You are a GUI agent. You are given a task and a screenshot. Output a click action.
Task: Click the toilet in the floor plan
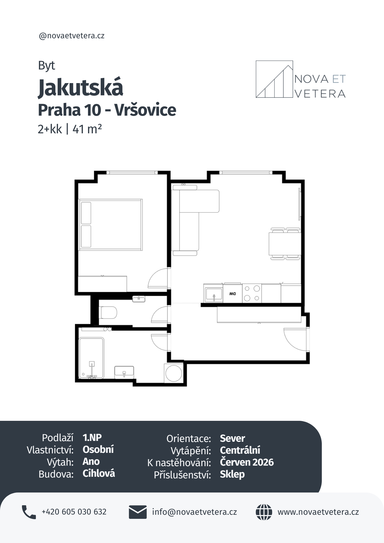click(108, 312)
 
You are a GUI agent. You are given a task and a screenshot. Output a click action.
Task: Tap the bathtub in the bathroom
click(92, 358)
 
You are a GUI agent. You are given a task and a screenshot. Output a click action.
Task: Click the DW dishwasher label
click(232, 294)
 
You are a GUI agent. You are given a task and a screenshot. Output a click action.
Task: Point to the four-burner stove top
click(252, 293)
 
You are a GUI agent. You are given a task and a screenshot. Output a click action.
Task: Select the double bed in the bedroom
click(111, 225)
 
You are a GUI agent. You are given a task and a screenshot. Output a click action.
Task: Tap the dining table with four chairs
click(285, 244)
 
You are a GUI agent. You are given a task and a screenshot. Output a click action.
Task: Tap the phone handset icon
click(29, 512)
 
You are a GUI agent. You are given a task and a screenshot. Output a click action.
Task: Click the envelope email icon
click(138, 512)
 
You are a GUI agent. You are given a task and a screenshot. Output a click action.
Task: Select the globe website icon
click(264, 512)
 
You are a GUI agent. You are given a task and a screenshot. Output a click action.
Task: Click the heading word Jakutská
click(81, 87)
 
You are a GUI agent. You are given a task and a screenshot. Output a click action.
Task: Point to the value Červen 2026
click(247, 462)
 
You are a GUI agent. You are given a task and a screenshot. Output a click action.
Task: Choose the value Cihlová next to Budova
click(99, 473)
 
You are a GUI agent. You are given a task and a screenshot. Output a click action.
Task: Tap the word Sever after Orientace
click(232, 438)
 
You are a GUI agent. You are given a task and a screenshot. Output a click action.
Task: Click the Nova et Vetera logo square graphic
click(274, 79)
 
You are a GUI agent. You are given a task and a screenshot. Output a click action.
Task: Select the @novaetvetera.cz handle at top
click(72, 36)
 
